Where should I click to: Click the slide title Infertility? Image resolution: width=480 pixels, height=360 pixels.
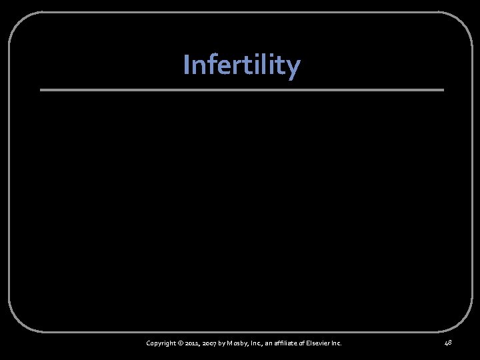pyautogui.click(x=241, y=65)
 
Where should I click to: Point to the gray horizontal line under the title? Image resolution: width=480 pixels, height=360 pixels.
pyautogui.click(x=241, y=90)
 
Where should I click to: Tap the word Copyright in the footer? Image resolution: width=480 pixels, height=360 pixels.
pyautogui.click(x=161, y=343)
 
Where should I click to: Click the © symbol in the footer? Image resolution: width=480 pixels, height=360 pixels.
pyautogui.click(x=181, y=343)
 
